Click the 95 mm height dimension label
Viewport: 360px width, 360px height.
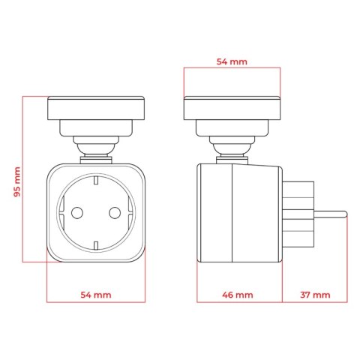[x=17, y=181]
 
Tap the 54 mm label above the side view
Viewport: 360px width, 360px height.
[x=232, y=61]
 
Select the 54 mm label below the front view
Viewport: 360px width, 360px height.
[x=96, y=295]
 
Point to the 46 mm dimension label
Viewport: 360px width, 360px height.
[x=238, y=295]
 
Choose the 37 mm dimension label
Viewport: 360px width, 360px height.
[x=315, y=295]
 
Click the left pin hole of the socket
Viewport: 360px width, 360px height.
[x=77, y=213]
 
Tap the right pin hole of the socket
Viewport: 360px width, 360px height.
[x=115, y=213]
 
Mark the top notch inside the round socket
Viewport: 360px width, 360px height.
[x=96, y=180]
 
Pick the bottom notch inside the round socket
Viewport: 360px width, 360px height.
[x=96, y=245]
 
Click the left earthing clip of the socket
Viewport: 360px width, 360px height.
[x=61, y=213]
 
